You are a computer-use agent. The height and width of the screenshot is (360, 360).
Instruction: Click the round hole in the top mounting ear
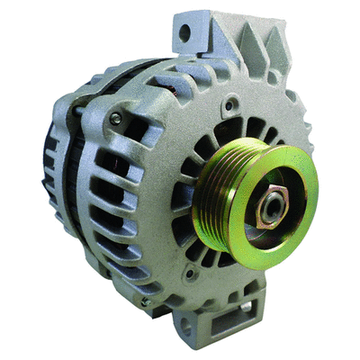tap(185, 34)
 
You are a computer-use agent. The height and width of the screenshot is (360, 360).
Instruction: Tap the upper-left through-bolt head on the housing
tap(114, 117)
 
